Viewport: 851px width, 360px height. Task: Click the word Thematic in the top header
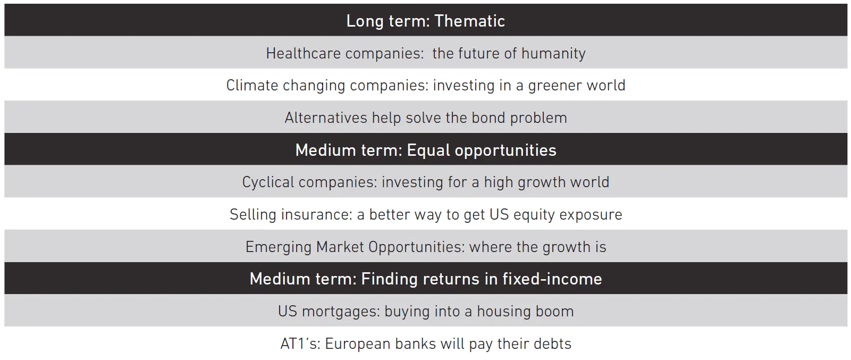469,21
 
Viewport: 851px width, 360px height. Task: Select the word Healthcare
303,53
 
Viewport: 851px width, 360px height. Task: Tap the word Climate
252,85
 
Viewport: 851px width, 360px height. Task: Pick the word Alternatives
326,118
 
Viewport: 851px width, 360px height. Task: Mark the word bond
488,118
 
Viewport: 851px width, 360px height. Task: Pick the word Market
340,247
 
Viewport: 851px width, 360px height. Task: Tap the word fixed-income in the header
552,279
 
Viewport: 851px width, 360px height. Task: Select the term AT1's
300,344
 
